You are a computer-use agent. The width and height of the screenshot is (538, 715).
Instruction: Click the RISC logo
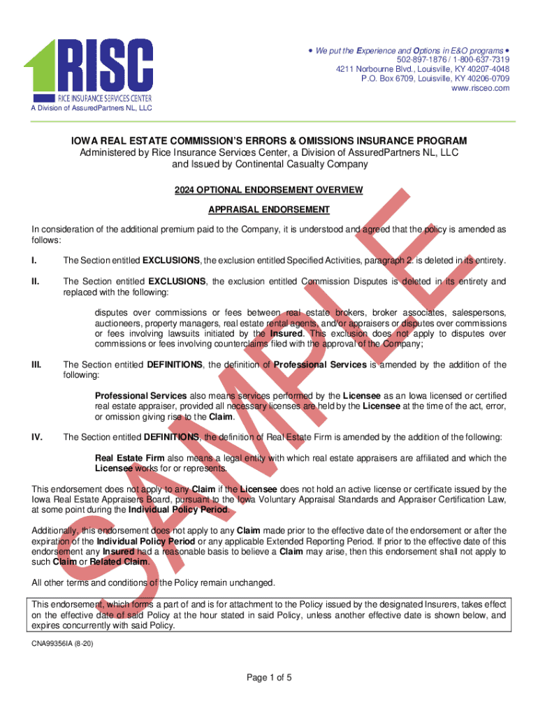click(89, 66)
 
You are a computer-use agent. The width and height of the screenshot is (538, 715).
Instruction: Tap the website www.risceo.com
click(481, 89)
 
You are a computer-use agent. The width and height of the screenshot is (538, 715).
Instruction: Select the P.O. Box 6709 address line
click(435, 79)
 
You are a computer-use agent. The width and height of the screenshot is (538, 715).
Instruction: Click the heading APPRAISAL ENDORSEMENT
click(269, 209)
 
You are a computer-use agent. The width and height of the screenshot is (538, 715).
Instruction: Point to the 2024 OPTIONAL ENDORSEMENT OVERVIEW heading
click(269, 190)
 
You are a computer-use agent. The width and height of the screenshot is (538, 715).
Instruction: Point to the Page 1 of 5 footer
click(269, 677)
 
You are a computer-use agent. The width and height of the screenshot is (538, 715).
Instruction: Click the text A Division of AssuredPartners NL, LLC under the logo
click(86, 108)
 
